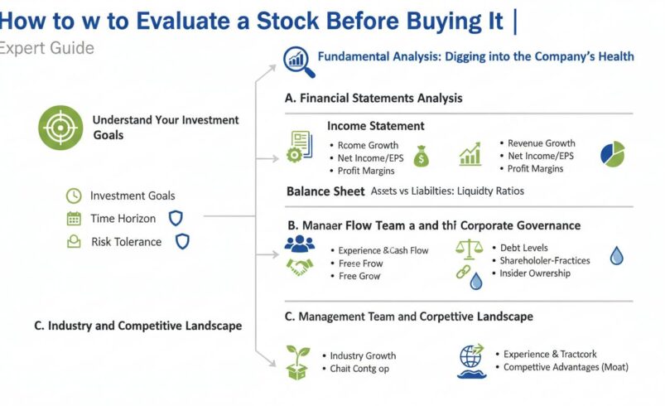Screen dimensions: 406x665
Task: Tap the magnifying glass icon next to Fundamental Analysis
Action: pyautogui.click(x=295, y=59)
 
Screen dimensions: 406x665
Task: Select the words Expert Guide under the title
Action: pyautogui.click(x=46, y=48)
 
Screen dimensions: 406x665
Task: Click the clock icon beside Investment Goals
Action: pyautogui.click(x=74, y=196)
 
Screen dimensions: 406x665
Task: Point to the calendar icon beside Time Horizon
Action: pyautogui.click(x=74, y=219)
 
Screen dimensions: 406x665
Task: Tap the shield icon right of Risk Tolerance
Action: pyautogui.click(x=182, y=242)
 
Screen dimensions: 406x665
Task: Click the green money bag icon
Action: pyautogui.click(x=422, y=155)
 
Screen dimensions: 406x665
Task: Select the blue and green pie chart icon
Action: pyautogui.click(x=612, y=153)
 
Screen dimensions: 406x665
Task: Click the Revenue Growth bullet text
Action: pyautogui.click(x=541, y=143)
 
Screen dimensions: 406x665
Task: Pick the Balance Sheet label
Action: pyautogui.click(x=325, y=191)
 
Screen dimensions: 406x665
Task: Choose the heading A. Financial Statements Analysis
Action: pyautogui.click(x=373, y=98)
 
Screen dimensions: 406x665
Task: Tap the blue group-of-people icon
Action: pyautogui.click(x=300, y=244)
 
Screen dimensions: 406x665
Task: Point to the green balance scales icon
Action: pyautogui.click(x=470, y=248)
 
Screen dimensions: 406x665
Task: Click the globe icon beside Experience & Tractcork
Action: pyautogui.click(x=471, y=357)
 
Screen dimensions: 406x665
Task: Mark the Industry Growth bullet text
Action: pyautogui.click(x=363, y=355)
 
